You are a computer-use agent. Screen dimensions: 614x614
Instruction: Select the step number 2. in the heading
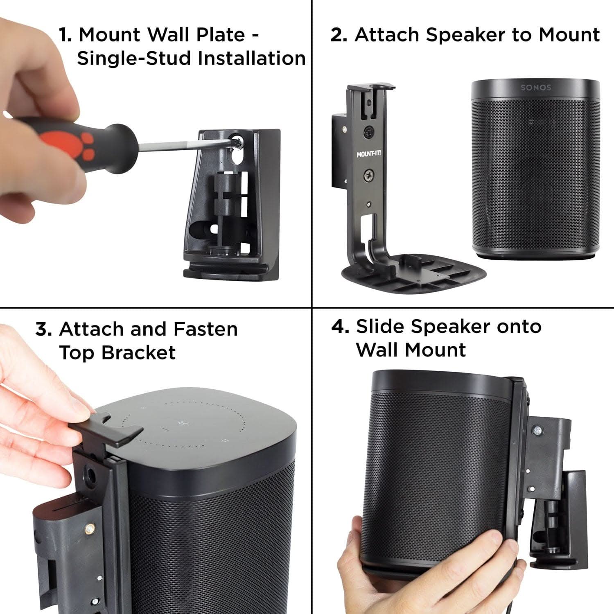pyautogui.click(x=339, y=35)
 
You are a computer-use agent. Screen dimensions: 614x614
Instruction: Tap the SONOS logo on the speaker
pyautogui.click(x=536, y=88)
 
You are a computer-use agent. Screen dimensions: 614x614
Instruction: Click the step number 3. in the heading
pyautogui.click(x=43, y=329)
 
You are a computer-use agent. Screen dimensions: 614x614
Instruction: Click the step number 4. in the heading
pyautogui.click(x=340, y=327)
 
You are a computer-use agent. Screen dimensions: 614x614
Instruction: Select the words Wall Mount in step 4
pyautogui.click(x=411, y=350)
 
